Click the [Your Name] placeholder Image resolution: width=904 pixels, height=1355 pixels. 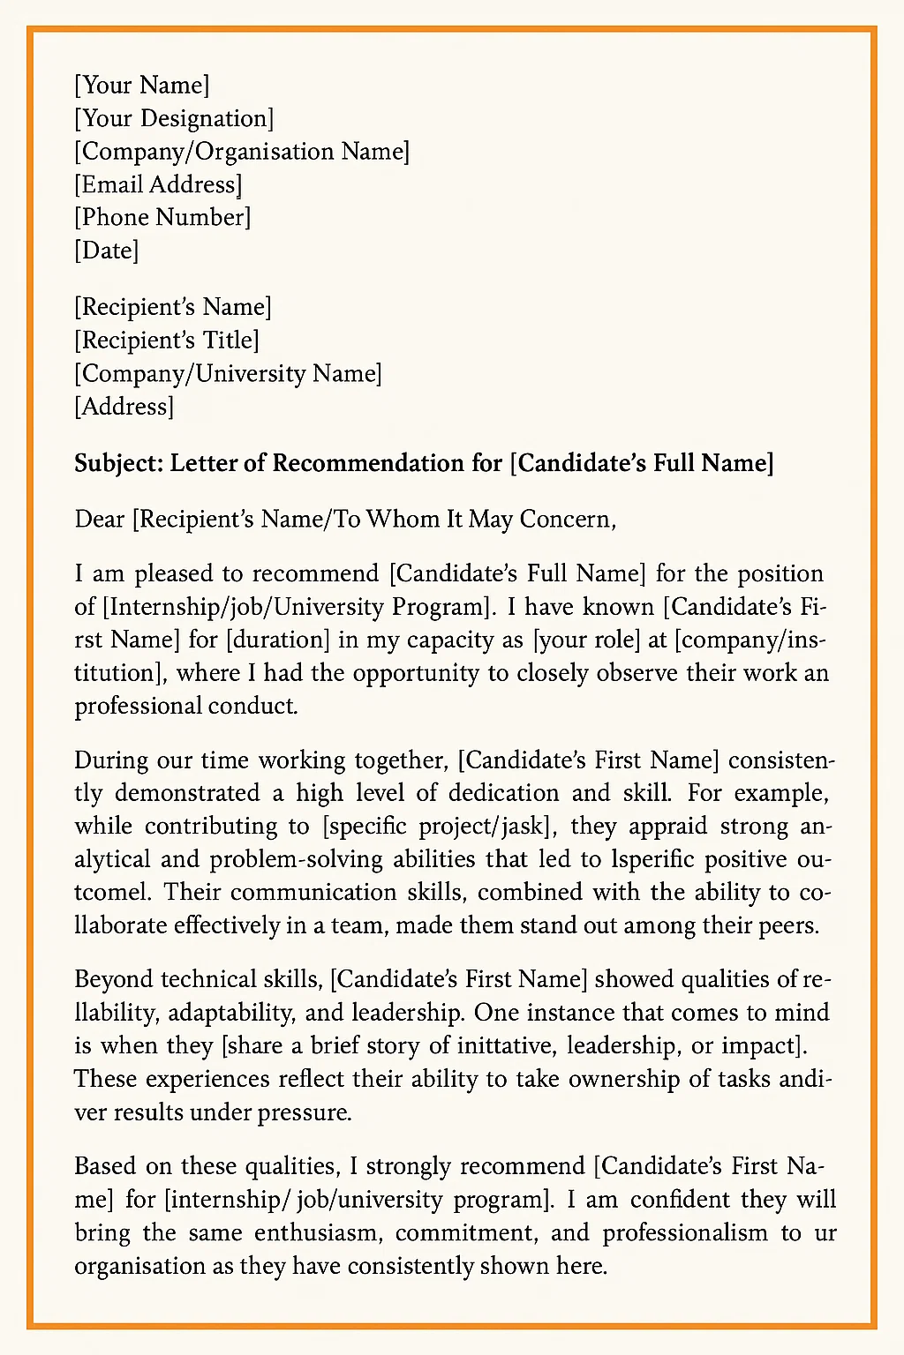[x=142, y=86]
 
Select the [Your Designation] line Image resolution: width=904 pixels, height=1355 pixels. [x=174, y=119]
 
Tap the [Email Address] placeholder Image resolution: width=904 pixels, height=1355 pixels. [x=158, y=185]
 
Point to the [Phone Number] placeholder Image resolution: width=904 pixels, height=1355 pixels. [x=162, y=218]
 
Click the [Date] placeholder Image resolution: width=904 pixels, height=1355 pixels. [x=107, y=251]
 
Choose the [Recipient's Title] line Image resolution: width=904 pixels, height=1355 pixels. [x=167, y=341]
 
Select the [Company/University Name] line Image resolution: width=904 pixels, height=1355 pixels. [x=228, y=374]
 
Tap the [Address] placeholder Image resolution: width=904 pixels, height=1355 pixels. [x=124, y=407]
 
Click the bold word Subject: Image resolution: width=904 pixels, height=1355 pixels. [x=118, y=463]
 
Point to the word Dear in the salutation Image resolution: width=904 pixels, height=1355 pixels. [x=100, y=519]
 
